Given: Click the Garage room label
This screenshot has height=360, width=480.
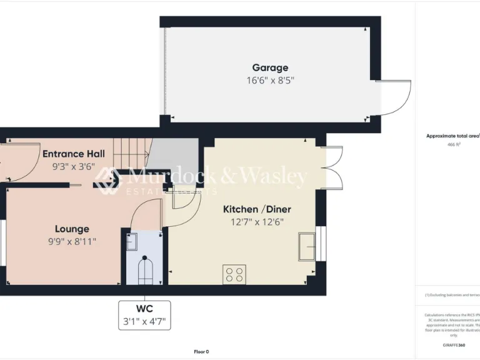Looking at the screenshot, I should (270, 67).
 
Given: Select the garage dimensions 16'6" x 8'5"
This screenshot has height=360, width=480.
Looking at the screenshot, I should (270, 80).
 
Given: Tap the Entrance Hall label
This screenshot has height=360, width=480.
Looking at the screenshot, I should (73, 154).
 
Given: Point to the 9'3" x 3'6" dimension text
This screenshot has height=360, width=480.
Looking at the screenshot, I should (73, 167).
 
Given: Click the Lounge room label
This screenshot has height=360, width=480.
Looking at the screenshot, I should (72, 229).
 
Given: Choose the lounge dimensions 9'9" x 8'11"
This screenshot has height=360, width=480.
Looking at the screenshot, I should (72, 241).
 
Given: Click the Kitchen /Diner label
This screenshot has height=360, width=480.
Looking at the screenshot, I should (257, 209).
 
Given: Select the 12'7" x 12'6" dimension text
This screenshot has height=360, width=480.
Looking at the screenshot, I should (257, 221).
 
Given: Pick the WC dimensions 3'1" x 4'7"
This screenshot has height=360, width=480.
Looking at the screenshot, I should (144, 322).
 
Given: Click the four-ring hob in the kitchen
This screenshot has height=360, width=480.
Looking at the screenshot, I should (235, 274).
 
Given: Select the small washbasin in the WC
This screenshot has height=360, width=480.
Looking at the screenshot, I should (133, 241).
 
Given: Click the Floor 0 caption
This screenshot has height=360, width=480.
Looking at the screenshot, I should (201, 351).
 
